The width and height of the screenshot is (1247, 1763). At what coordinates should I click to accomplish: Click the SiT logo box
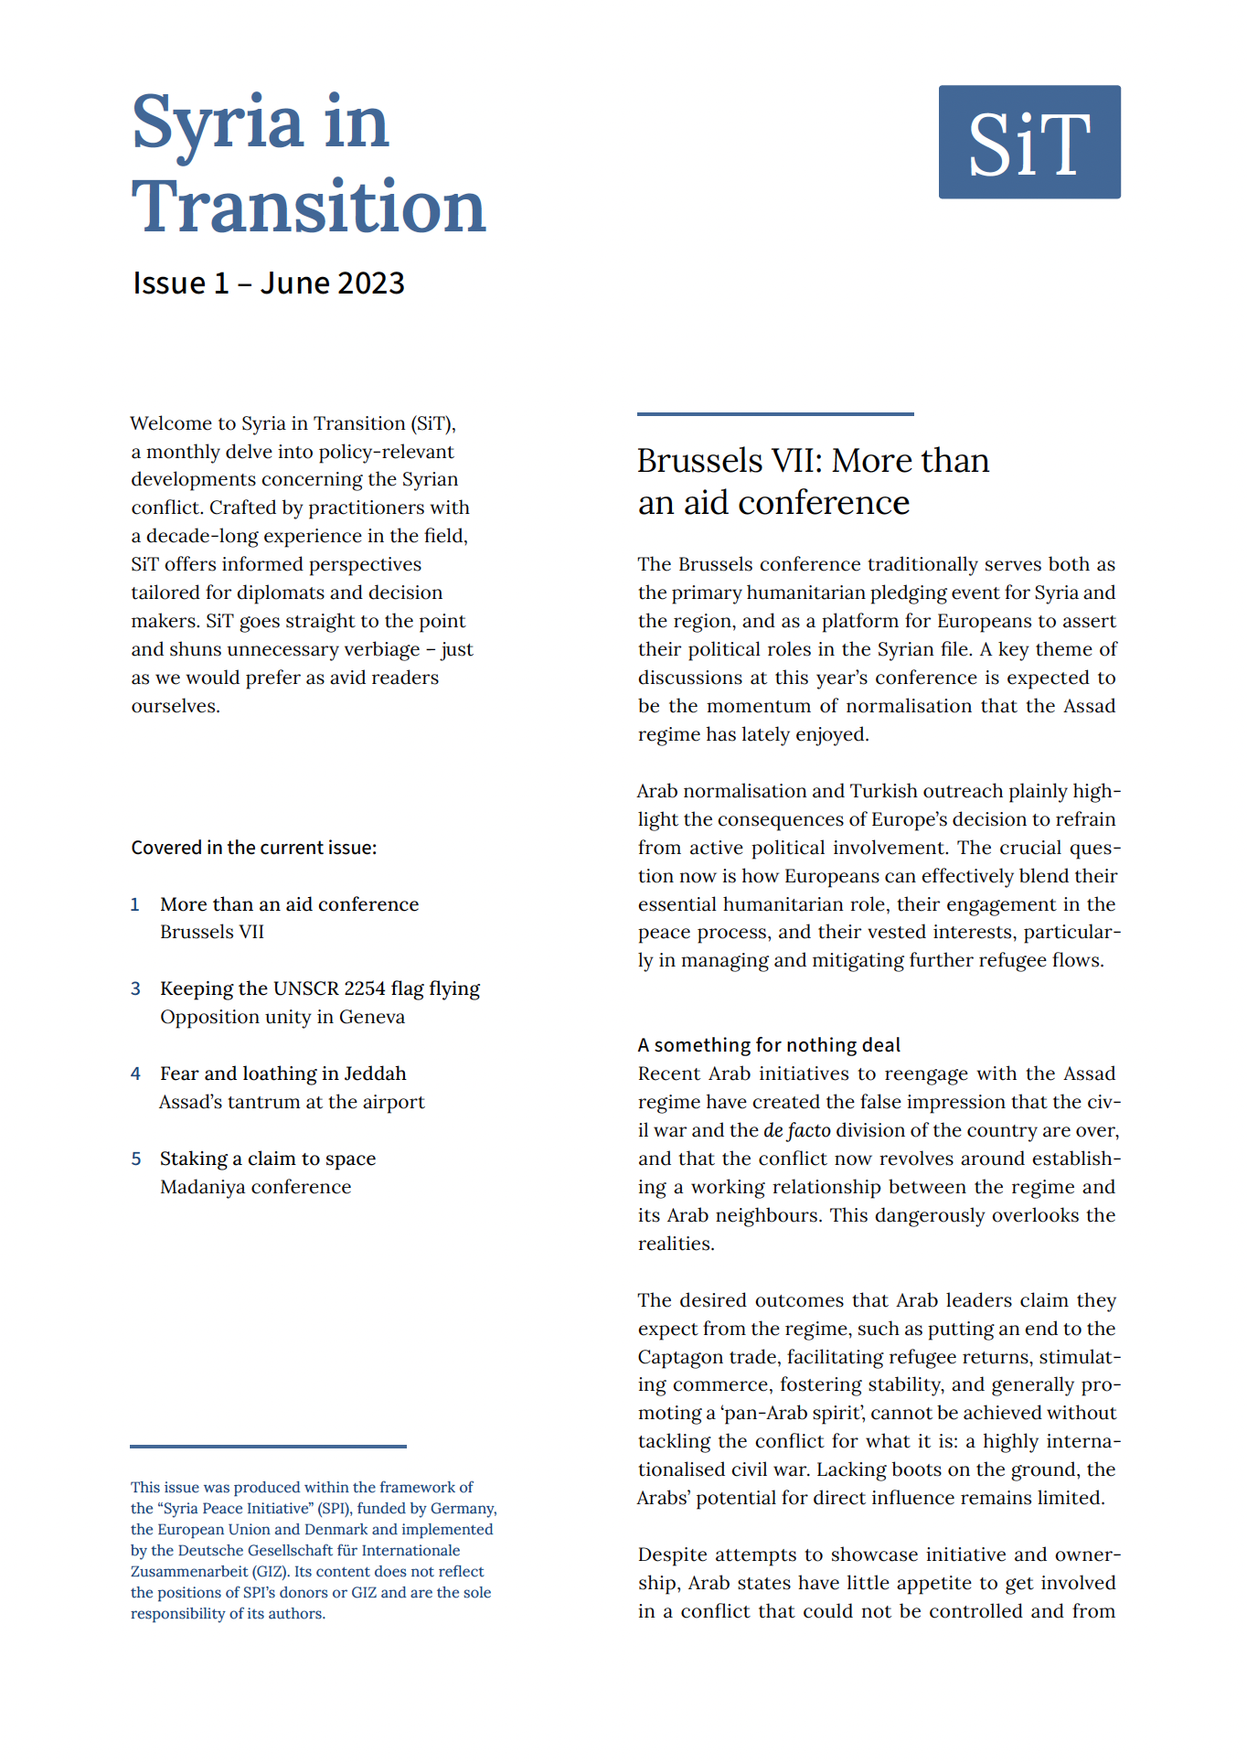click(1029, 142)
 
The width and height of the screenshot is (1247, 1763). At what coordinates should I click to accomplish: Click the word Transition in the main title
click(308, 207)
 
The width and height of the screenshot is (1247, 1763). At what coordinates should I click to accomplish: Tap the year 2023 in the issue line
click(368, 283)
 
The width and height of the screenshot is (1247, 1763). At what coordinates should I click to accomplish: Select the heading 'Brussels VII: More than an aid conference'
click(812, 481)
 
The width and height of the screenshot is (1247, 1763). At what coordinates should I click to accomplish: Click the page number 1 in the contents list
click(135, 904)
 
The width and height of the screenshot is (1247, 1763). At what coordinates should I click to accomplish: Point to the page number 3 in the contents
click(135, 988)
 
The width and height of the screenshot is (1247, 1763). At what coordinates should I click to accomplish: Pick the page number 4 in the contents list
click(135, 1074)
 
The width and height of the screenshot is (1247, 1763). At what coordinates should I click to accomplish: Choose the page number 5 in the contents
click(135, 1159)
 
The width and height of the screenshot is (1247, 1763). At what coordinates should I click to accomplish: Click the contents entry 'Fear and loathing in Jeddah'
click(282, 1074)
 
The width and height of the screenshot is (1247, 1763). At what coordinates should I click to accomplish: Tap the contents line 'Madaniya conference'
click(255, 1187)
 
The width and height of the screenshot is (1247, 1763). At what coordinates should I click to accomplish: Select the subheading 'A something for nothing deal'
click(768, 1045)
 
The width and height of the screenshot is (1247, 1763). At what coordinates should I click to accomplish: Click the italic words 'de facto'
click(796, 1130)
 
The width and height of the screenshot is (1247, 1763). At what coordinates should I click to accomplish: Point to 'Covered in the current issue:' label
click(253, 848)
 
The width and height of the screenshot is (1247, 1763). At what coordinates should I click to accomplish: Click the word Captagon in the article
click(681, 1357)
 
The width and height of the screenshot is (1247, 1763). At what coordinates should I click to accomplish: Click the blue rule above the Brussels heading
click(774, 414)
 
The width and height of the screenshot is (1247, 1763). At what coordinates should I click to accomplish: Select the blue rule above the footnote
click(268, 1446)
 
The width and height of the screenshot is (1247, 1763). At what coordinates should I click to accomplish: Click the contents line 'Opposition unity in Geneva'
click(282, 1017)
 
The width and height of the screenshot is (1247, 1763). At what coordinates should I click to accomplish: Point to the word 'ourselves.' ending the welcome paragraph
click(176, 706)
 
